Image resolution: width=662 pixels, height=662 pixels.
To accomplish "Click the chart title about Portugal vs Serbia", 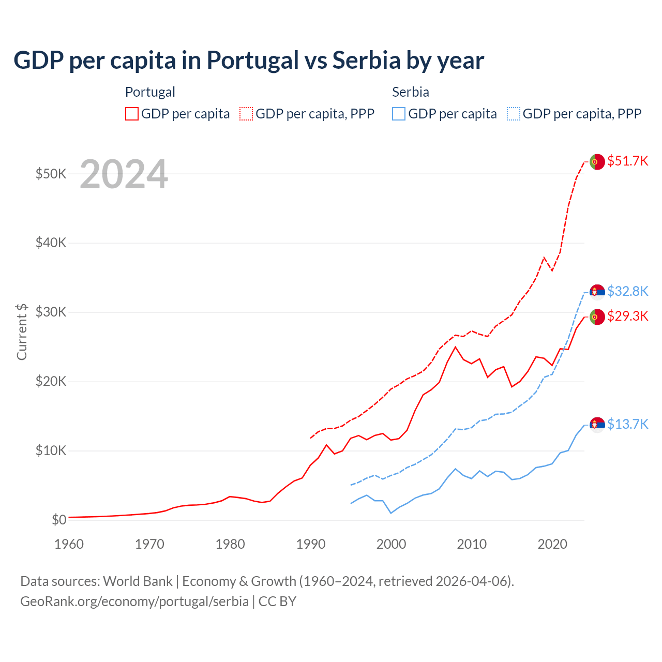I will pyautogui.click(x=249, y=61).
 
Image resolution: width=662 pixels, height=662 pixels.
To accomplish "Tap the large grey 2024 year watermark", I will pyautogui.click(x=124, y=174).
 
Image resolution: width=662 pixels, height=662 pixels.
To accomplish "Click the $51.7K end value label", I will pyautogui.click(x=627, y=161).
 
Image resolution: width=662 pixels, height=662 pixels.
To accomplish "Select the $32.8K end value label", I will pyautogui.click(x=627, y=292).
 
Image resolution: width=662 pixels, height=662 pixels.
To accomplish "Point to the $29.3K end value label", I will pyautogui.click(x=627, y=317).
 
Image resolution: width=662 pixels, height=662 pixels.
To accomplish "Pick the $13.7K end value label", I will pyautogui.click(x=627, y=425).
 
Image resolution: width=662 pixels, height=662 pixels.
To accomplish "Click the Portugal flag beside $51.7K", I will pyautogui.click(x=597, y=162).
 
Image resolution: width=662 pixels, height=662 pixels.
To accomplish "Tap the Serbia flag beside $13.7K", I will pyautogui.click(x=597, y=424).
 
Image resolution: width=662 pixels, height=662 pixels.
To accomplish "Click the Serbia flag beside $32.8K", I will pyautogui.click(x=597, y=292).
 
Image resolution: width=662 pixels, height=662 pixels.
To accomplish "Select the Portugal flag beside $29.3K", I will pyautogui.click(x=597, y=317).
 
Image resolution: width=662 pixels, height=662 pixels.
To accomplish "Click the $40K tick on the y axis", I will pyautogui.click(x=51, y=243).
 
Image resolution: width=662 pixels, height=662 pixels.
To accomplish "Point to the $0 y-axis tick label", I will pyautogui.click(x=59, y=520).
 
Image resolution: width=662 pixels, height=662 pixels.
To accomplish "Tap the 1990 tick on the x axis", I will pyautogui.click(x=311, y=545).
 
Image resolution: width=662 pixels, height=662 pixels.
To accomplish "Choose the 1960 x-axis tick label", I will pyautogui.click(x=69, y=545).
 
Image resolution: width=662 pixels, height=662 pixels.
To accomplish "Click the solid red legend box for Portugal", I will pyautogui.click(x=132, y=114).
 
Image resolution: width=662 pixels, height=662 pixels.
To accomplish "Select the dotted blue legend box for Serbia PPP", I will pyautogui.click(x=514, y=114).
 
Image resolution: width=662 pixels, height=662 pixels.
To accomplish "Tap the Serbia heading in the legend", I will pyautogui.click(x=411, y=93).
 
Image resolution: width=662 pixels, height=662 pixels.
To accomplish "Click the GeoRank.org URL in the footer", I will pyautogui.click(x=134, y=602).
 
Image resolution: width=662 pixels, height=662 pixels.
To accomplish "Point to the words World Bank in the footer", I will pyautogui.click(x=138, y=582).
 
